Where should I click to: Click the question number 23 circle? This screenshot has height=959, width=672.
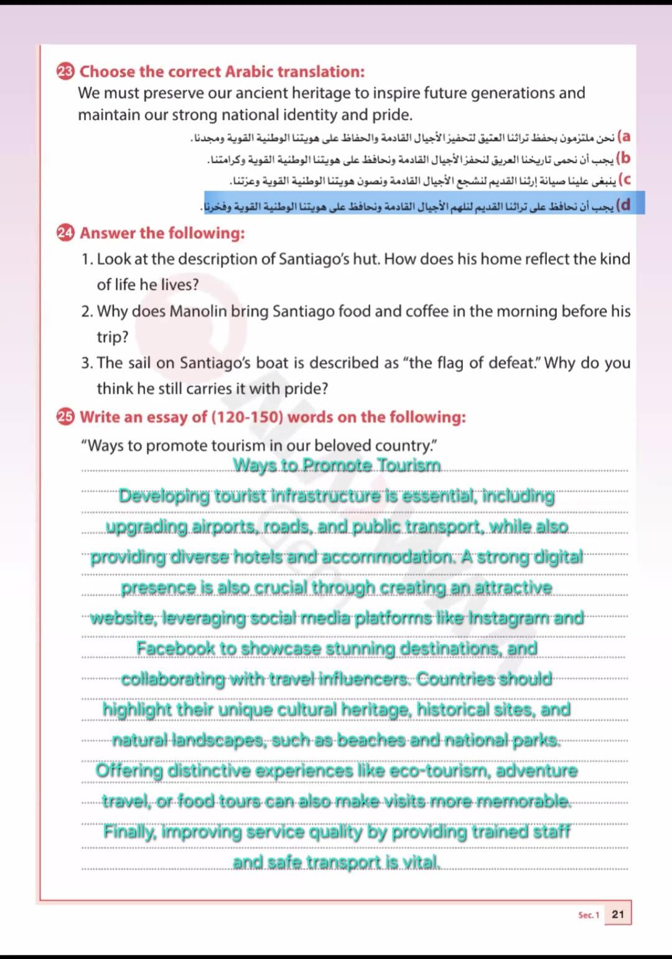click(x=65, y=72)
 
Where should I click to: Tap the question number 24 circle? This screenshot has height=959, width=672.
click(x=65, y=233)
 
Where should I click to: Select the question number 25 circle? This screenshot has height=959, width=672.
click(x=65, y=417)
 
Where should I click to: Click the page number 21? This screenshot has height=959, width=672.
click(x=617, y=914)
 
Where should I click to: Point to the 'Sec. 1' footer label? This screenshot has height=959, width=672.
click(x=588, y=915)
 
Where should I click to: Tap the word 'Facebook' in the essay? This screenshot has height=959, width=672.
click(x=177, y=648)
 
